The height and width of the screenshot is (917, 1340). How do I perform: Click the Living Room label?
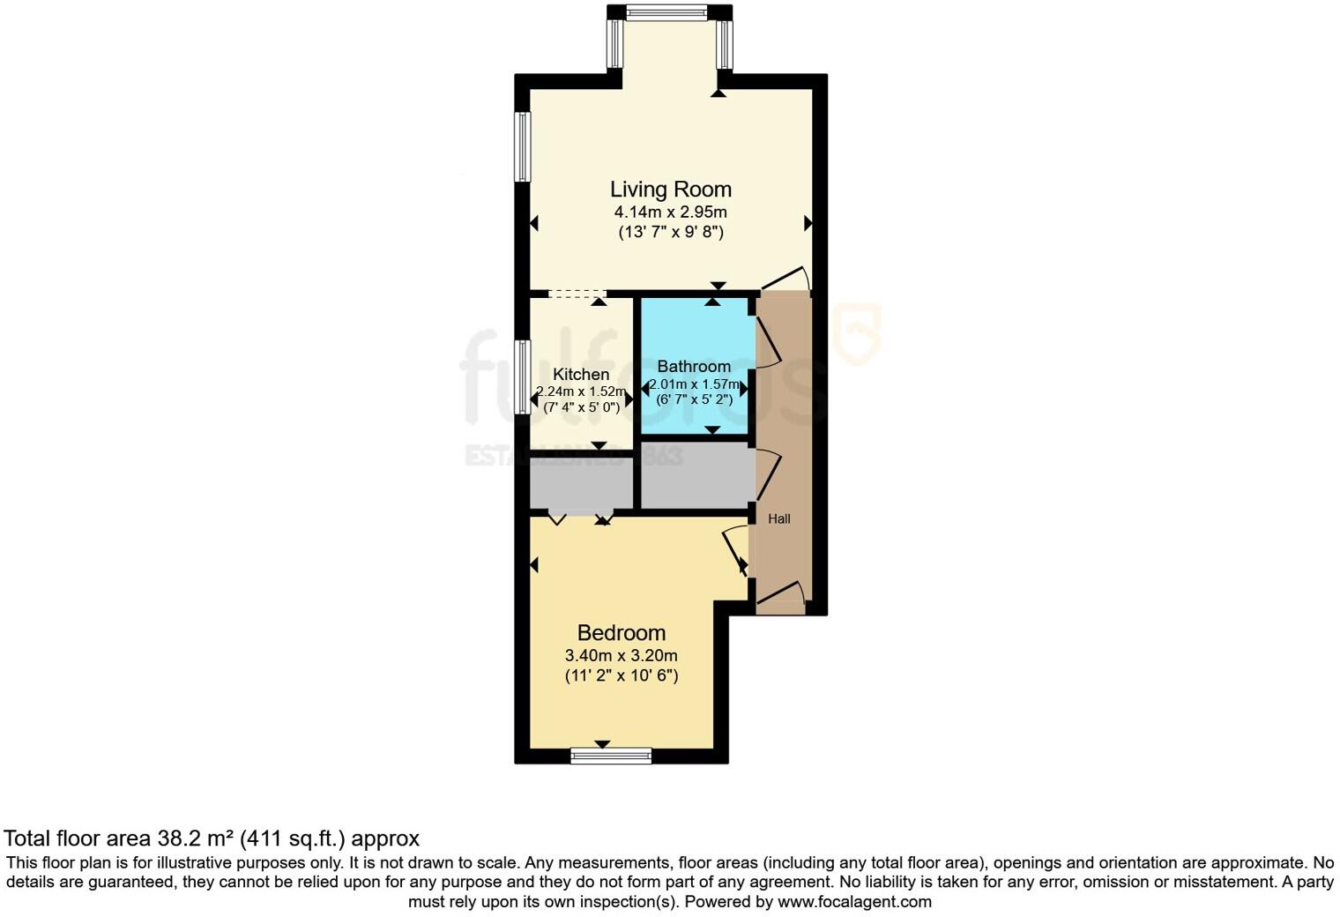(670, 190)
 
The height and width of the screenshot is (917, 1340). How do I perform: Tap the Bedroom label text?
(621, 633)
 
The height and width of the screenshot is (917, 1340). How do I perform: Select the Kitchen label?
(581, 375)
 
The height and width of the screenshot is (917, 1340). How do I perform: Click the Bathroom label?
(694, 367)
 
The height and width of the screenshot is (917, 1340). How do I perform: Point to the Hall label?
(778, 519)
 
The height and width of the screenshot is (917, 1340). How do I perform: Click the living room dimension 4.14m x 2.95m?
(670, 212)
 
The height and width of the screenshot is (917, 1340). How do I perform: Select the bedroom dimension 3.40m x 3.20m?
(621, 656)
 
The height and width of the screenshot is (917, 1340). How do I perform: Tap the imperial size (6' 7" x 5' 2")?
(694, 399)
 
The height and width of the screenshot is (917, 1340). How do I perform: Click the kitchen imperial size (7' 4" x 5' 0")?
(581, 407)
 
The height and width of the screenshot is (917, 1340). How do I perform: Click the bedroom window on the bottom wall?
(611, 756)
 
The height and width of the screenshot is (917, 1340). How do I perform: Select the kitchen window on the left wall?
(523, 376)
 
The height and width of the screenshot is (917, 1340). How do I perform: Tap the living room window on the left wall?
(523, 146)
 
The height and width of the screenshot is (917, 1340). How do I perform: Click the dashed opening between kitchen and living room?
(577, 294)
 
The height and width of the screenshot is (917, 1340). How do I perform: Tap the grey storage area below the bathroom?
(696, 476)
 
